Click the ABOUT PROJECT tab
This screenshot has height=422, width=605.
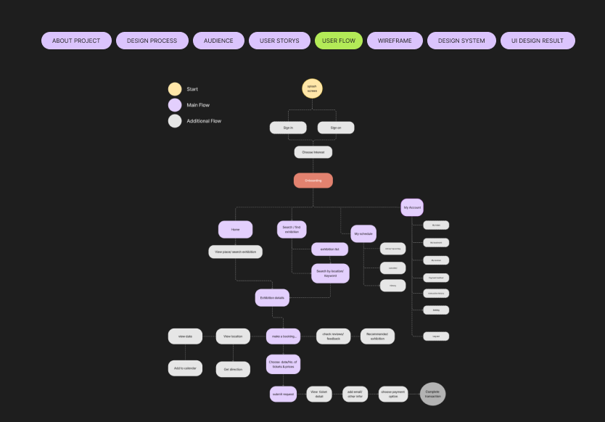click(x=76, y=41)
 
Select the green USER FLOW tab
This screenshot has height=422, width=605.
click(x=339, y=41)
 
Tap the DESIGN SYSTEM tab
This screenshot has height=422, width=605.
click(x=461, y=41)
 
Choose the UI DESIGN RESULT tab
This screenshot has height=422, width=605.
click(x=538, y=41)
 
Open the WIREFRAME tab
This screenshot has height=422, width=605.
click(x=395, y=41)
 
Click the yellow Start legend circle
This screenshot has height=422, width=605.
click(x=175, y=89)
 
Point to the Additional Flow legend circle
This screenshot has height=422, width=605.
click(x=175, y=121)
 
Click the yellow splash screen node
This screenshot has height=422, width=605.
click(x=312, y=88)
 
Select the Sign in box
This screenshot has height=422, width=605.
click(x=288, y=128)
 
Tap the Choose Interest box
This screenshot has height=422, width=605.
click(x=313, y=152)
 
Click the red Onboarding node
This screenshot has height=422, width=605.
click(x=313, y=181)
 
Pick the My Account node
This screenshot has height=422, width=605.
click(x=412, y=207)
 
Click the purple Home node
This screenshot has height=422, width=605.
click(x=236, y=229)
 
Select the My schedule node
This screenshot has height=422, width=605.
click(x=363, y=233)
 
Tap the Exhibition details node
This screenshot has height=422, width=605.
click(x=272, y=297)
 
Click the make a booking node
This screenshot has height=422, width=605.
click(x=283, y=336)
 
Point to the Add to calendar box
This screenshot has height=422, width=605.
click(x=185, y=368)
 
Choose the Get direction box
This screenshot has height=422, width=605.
click(x=233, y=369)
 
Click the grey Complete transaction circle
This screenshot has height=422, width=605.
click(x=432, y=394)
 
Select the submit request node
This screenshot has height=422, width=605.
click(x=284, y=394)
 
